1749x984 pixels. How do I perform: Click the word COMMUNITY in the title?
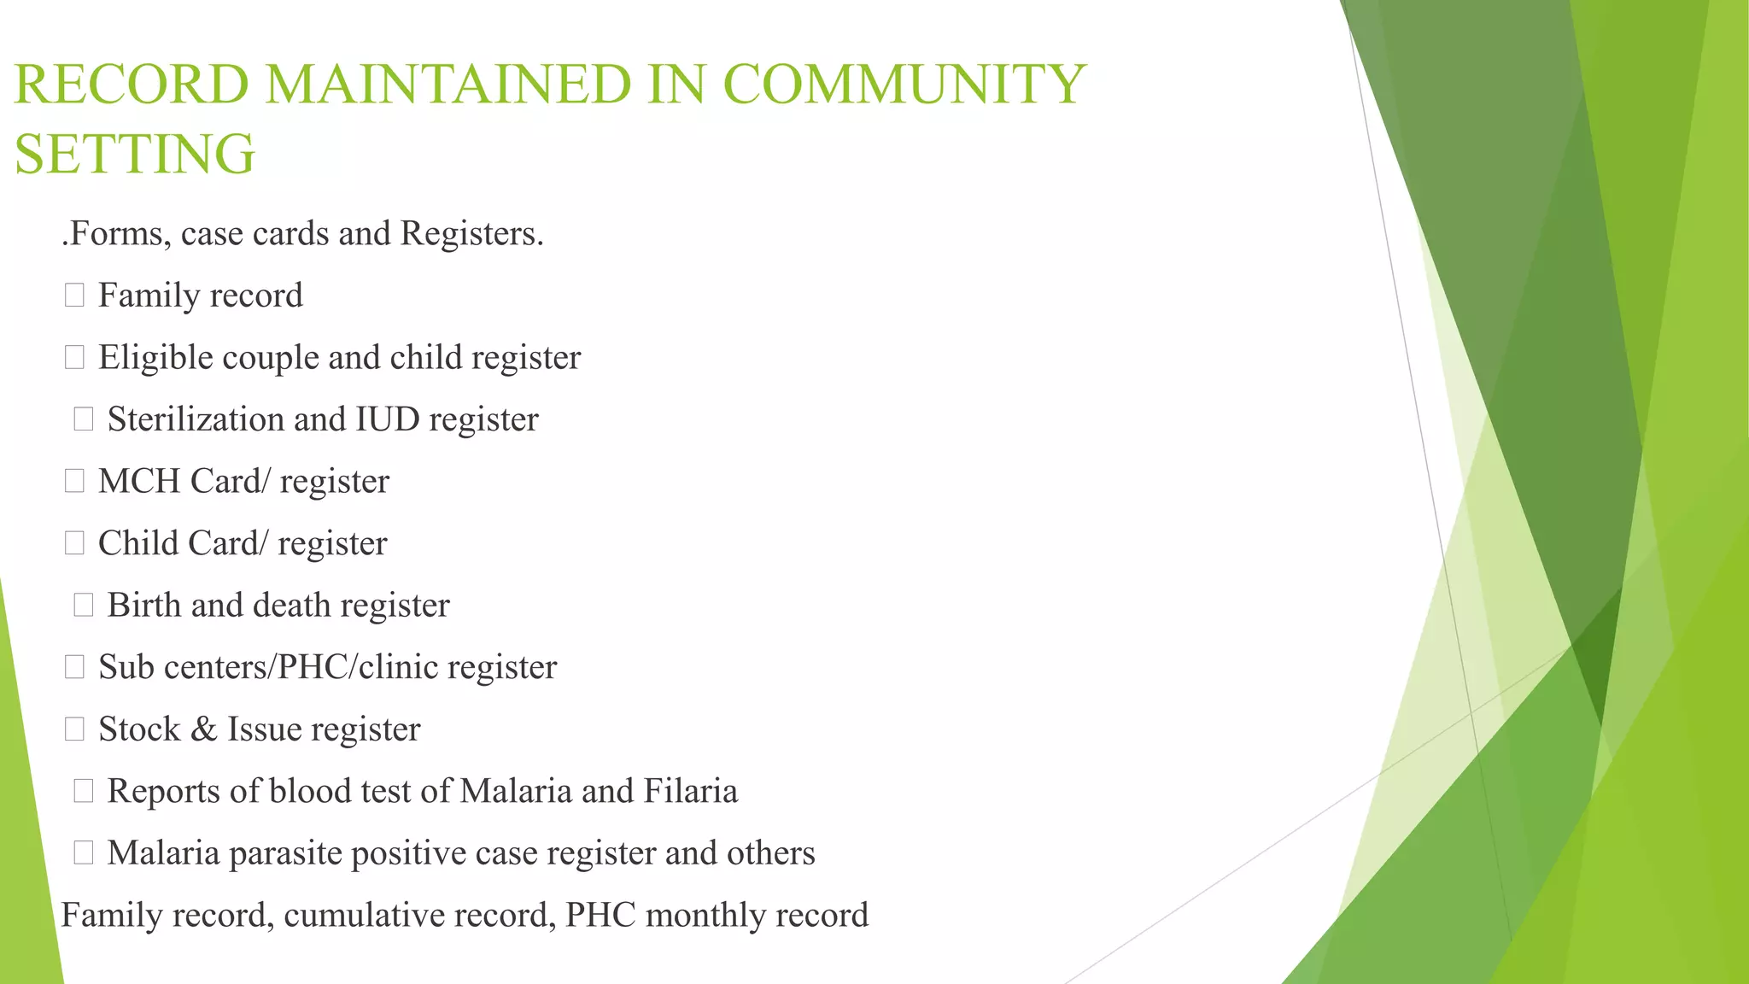904,85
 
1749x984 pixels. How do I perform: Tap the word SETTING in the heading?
135,155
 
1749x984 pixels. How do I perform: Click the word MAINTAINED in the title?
447,85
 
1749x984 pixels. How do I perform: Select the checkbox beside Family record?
74,296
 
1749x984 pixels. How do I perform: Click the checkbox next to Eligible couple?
74,358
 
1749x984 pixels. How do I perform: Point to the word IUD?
388,419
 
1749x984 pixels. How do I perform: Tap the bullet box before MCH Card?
74,482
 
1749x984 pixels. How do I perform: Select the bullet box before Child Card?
74,543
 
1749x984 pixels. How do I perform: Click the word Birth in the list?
144,606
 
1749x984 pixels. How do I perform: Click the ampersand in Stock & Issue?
203,729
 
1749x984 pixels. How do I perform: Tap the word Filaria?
690,791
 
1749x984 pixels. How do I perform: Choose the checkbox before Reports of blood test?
83,791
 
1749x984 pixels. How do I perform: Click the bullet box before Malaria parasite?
83,852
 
